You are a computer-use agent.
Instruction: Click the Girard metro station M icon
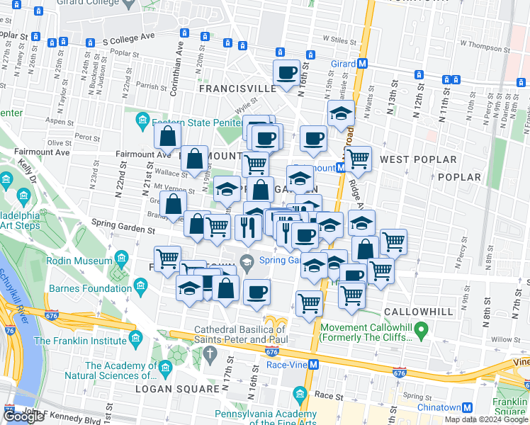click(x=363, y=63)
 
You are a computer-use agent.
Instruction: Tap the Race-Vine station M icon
click(x=314, y=364)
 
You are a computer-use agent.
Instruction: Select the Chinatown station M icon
click(x=468, y=407)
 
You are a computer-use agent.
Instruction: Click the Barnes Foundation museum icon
click(x=140, y=287)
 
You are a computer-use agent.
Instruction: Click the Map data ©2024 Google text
click(x=486, y=419)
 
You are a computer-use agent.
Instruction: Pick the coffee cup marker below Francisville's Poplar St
click(x=287, y=72)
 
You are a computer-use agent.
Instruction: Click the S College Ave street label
click(x=128, y=42)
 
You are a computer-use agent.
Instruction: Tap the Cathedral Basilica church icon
click(x=210, y=352)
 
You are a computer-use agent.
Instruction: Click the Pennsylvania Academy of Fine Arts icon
click(x=300, y=393)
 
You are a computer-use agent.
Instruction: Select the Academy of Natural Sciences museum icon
click(x=166, y=368)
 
